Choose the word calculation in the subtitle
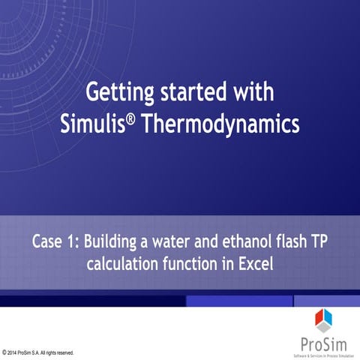pos(127,264)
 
